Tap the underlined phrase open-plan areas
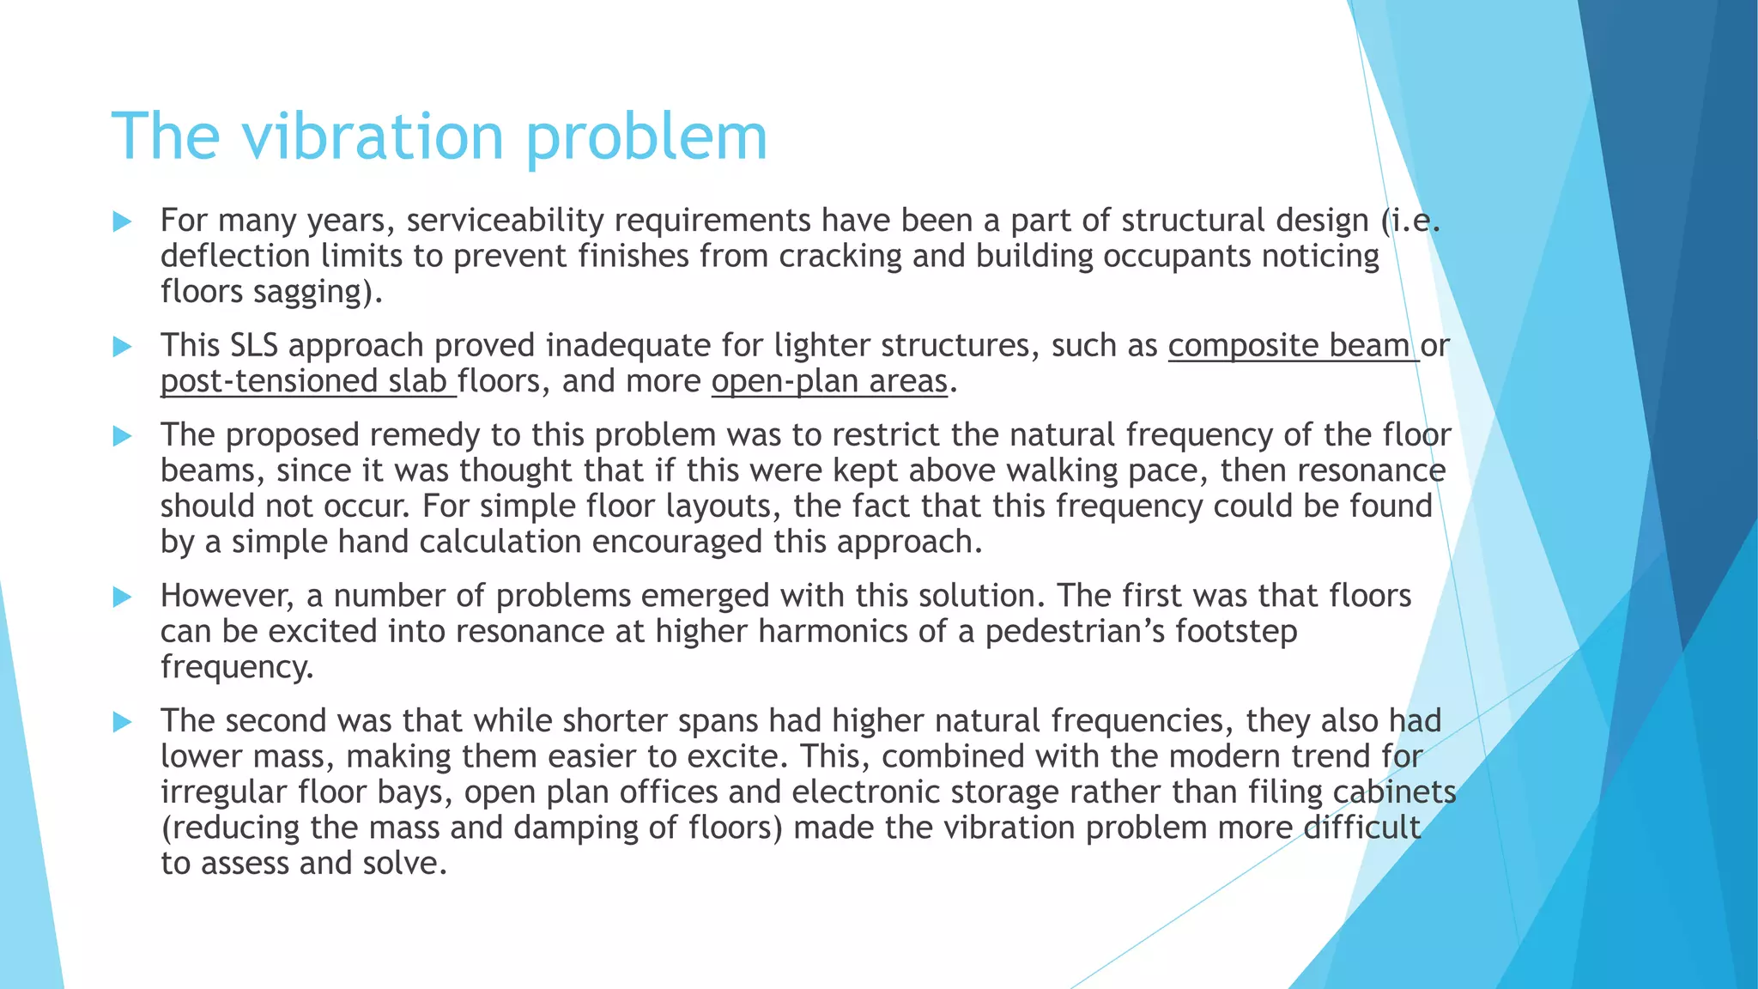click(x=829, y=381)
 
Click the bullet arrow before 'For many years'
click(x=122, y=222)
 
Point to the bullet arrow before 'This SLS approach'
click(x=122, y=347)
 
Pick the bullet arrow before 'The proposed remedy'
click(x=122, y=436)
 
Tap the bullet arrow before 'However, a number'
click(x=122, y=597)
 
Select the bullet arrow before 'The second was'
click(x=122, y=722)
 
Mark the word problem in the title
click(x=646, y=137)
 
